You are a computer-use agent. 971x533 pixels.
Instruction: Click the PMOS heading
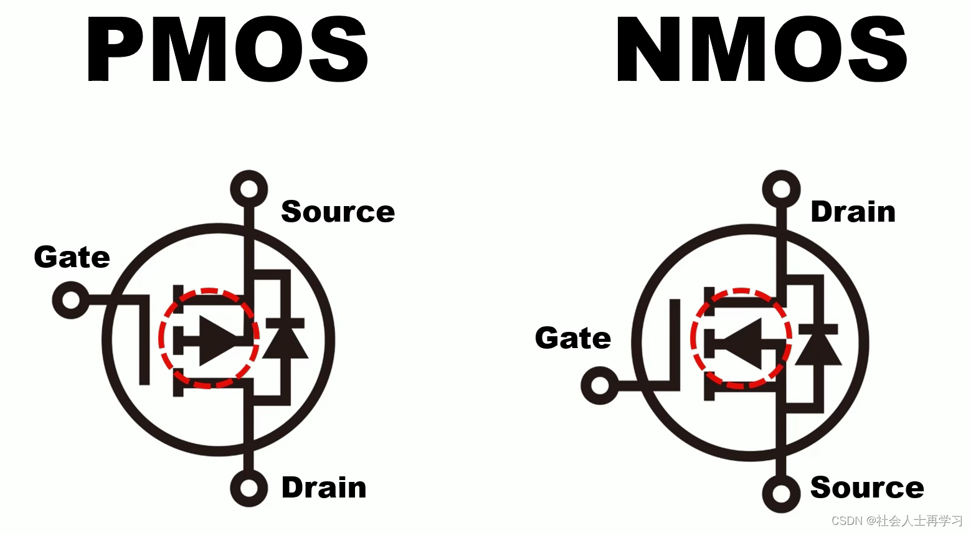[x=227, y=50]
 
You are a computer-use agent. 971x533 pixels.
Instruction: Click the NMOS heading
[x=761, y=50]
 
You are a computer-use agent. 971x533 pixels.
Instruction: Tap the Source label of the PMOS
[x=338, y=212]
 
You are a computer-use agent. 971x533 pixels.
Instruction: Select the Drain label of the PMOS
[x=324, y=488]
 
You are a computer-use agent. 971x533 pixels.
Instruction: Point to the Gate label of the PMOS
[x=72, y=257]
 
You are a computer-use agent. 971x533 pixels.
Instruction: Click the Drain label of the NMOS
[x=853, y=212]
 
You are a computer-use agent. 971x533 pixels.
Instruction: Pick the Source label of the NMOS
[x=867, y=488]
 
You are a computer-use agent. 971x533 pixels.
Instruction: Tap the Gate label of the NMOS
[x=573, y=338]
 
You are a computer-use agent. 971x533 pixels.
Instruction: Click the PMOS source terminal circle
[x=249, y=189]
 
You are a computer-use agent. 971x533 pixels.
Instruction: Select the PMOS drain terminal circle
[x=249, y=488]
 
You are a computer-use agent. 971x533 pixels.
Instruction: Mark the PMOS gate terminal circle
[x=71, y=300]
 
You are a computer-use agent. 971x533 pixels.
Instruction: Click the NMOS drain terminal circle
[x=781, y=189]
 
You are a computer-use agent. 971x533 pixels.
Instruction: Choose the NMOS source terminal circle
[x=781, y=494]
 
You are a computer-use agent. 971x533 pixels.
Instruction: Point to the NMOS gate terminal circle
[x=599, y=385]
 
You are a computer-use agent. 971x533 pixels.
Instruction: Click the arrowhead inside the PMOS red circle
[x=216, y=339]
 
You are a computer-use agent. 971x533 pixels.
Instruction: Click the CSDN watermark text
[x=897, y=521]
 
